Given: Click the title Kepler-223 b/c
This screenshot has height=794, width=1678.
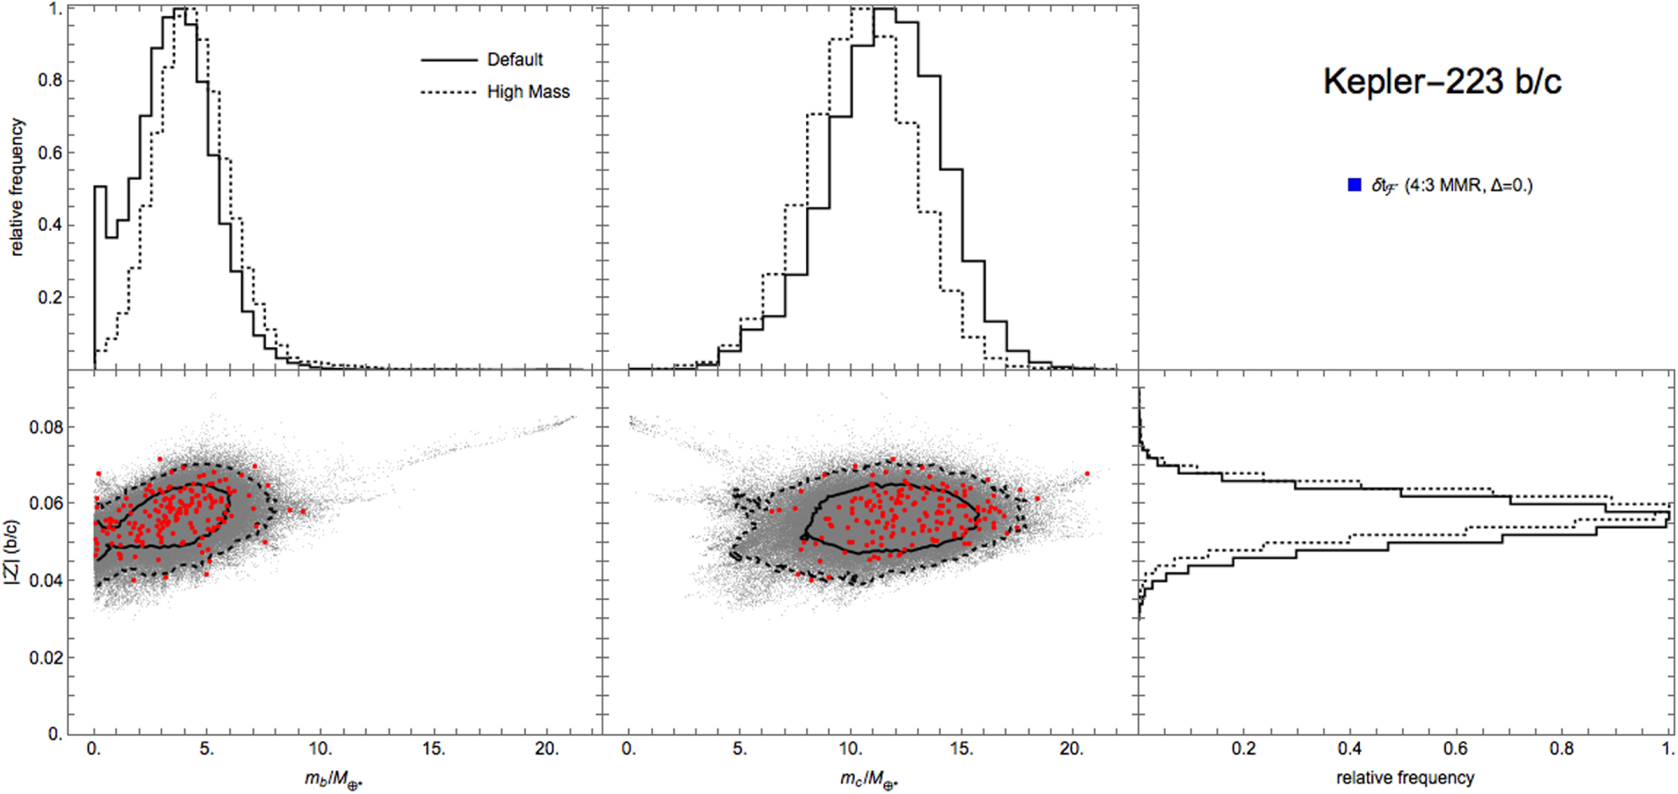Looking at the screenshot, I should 1442,81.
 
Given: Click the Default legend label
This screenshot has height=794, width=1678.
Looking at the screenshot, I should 514,60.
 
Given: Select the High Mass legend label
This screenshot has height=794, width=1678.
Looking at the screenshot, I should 528,92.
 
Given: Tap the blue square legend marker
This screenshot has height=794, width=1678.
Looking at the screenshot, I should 1354,185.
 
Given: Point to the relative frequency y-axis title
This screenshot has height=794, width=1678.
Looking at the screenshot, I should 17,187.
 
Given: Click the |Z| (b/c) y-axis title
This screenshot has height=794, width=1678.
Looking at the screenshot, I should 12,551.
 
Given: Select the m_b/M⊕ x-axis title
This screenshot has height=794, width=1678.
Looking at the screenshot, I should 333,779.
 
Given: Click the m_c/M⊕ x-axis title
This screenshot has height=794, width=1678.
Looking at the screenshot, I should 869,779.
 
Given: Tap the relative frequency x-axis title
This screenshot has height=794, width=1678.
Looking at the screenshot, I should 1405,778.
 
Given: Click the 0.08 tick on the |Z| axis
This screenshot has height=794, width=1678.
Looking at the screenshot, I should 46,428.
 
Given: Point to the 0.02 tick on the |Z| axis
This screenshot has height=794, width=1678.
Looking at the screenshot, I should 46,657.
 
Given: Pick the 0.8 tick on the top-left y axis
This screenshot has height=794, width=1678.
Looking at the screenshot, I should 51,80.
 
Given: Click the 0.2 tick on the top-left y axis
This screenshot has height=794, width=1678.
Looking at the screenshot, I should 51,298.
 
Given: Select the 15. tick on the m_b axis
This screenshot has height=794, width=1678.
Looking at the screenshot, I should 433,749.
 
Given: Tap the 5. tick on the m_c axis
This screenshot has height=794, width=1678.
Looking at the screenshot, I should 740,749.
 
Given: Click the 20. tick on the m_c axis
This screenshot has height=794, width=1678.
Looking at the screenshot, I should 1071,749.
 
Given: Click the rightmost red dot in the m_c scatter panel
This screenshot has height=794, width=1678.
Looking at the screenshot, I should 1087,474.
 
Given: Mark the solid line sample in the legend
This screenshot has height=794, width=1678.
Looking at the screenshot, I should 449,60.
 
